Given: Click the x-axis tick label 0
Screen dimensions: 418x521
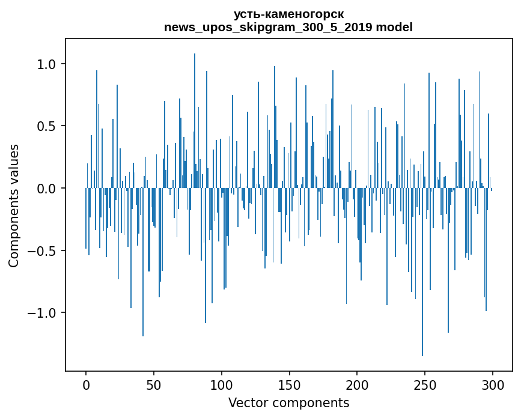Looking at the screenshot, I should pos(86,384).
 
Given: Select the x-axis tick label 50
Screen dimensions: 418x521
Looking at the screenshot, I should pos(154,384).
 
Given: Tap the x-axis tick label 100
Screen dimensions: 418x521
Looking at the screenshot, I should pos(222,384).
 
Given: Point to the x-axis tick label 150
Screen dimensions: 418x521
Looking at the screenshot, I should pos(290,384).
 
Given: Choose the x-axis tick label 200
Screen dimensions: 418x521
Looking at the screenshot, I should pos(358,384).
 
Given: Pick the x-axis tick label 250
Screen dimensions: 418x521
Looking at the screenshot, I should pos(425,384).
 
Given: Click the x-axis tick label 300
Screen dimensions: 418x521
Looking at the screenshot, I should pos(493,384).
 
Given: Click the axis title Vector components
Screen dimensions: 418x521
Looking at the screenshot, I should pos(288,403).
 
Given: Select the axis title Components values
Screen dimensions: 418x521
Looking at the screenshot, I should pos(14,205).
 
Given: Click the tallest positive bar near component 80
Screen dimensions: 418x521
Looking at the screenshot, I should pos(195,120).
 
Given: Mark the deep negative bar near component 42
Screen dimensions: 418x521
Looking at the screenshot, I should pos(143,262).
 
